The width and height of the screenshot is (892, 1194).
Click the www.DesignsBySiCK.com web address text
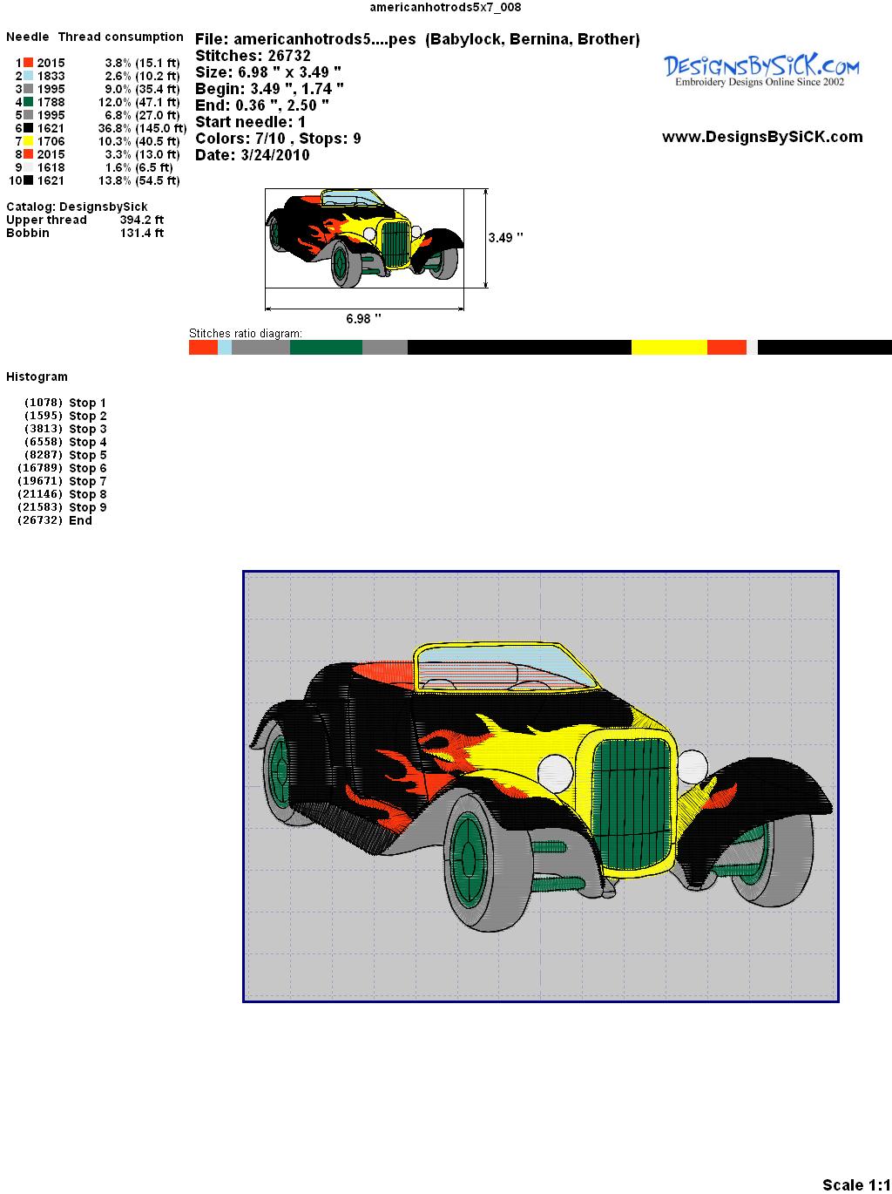[762, 137]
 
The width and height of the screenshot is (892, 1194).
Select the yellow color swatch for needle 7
[28, 141]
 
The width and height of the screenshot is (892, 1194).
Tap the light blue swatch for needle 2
[28, 76]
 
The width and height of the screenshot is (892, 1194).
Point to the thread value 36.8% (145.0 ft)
[142, 128]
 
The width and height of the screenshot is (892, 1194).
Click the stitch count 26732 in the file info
[286, 56]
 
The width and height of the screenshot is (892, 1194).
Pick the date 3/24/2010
[275, 155]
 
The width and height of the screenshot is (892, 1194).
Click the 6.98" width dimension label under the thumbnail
[363, 318]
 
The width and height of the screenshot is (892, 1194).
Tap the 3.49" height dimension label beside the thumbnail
[505, 238]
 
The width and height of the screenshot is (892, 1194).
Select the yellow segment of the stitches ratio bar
[669, 347]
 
